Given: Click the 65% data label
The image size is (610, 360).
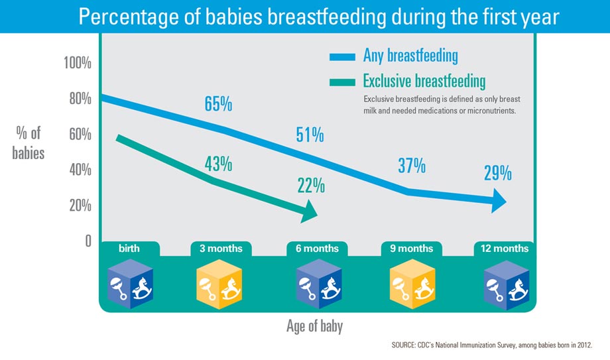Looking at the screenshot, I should (218, 105).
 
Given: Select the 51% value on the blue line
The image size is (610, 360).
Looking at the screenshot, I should (310, 136).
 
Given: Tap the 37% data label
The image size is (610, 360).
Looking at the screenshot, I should (411, 166).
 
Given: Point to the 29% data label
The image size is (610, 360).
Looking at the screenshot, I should (497, 174).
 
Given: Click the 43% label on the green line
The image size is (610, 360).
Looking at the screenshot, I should (218, 163).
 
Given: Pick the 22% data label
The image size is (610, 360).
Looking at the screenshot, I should (310, 186).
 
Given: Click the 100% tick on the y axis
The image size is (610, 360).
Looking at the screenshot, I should (77, 64).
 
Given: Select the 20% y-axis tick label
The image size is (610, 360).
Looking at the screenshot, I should (79, 206).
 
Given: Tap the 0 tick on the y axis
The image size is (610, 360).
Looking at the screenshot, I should (87, 241).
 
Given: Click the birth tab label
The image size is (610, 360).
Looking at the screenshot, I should (129, 249).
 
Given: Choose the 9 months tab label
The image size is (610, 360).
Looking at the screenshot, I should (411, 249).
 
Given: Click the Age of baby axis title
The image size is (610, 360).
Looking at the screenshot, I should (314, 327).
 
